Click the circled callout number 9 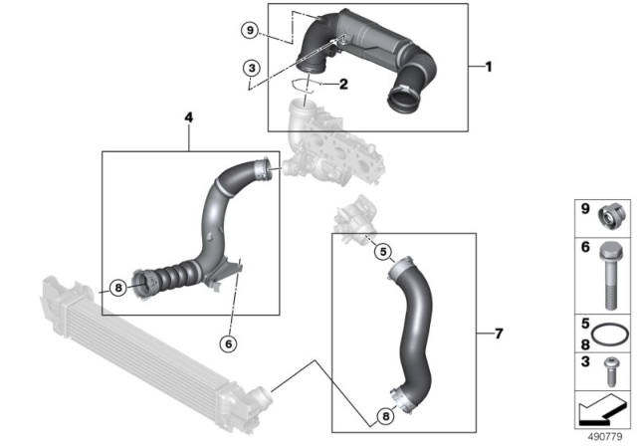click(250, 30)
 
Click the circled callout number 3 click(252, 68)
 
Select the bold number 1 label click(489, 67)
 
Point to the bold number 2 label click(343, 84)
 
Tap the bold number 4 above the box click(189, 117)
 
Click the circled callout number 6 click(228, 344)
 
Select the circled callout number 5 click(383, 252)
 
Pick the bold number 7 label click(499, 334)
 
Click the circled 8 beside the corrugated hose click(118, 288)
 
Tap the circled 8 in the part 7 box click(385, 416)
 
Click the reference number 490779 click(605, 437)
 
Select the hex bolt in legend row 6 click(609, 276)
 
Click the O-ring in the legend click(608, 335)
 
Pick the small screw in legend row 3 click(610, 371)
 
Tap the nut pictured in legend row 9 click(611, 216)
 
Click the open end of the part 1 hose click(403, 99)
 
